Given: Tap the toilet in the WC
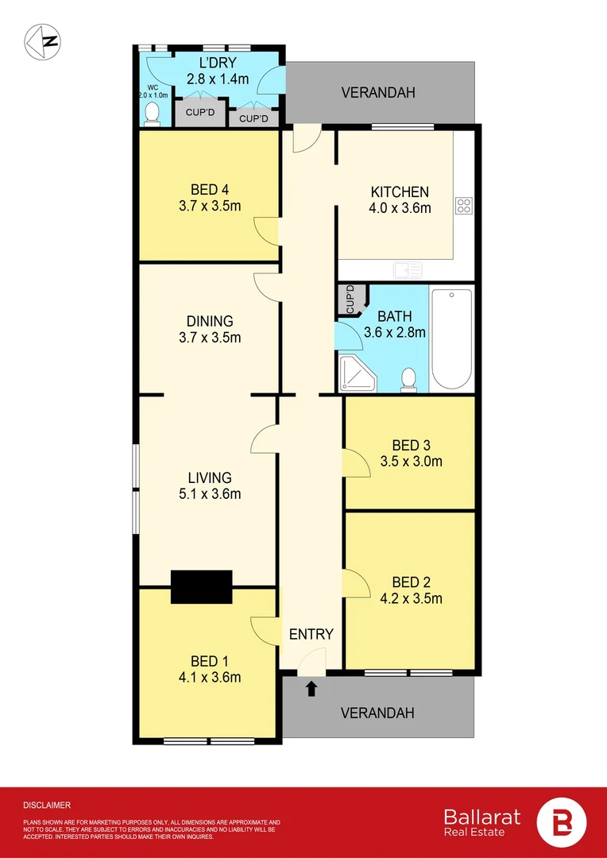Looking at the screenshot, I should [152, 117].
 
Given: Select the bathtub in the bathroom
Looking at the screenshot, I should [451, 338].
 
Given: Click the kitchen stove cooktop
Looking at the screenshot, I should [464, 206].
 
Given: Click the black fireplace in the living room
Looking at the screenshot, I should [202, 586].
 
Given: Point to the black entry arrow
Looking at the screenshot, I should [311, 688].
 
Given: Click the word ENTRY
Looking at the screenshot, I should [311, 634].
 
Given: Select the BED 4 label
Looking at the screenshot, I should [210, 190].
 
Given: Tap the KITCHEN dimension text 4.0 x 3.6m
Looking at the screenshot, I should [400, 209].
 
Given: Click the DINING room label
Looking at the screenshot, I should [210, 322].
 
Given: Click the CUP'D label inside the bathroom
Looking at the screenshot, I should [350, 299].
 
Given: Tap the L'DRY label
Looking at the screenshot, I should [217, 62].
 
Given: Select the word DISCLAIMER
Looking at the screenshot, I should [47, 805].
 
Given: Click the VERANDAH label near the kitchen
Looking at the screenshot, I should [378, 93].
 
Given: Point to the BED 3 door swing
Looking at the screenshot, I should [358, 463].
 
